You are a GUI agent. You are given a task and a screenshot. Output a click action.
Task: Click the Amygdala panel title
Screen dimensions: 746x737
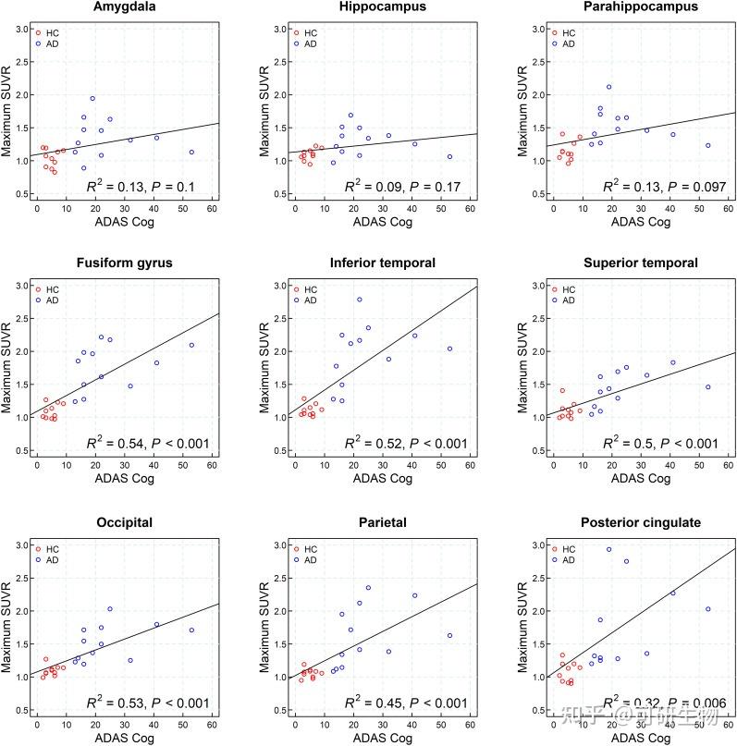[123, 7]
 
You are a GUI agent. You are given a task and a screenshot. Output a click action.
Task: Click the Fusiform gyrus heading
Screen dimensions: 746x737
[123, 263]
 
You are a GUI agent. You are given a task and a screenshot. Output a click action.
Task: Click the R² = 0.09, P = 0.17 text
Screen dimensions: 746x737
[402, 187]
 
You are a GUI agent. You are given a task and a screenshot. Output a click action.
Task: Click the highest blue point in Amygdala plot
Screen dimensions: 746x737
[92, 98]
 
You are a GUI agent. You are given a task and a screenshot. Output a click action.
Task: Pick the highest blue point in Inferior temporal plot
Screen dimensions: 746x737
[360, 300]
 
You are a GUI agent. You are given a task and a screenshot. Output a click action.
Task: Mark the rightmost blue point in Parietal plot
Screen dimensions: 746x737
[449, 635]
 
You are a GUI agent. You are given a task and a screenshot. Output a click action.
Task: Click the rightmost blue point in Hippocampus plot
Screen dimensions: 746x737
[449, 156]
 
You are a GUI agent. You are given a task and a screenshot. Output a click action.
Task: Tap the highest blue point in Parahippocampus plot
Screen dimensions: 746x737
[608, 87]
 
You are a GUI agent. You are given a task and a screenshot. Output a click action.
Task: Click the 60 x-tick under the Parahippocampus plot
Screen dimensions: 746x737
[729, 209]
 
